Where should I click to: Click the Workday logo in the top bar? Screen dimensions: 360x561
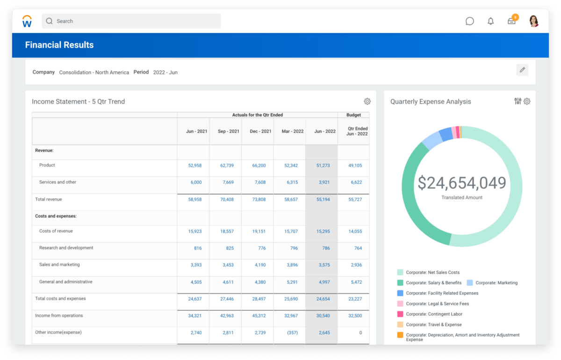coord(27,21)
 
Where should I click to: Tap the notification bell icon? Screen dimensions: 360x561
coord(490,21)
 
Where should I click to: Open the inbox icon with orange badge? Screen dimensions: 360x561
coord(511,21)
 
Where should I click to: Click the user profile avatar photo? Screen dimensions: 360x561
coord(533,21)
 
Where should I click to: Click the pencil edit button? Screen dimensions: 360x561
coord(522,70)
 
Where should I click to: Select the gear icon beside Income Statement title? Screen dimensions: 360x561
coord(367,101)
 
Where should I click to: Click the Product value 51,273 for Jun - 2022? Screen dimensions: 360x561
coord(323,166)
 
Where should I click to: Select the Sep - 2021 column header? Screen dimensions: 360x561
coord(228,131)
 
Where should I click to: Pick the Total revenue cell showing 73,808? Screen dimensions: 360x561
coord(259,200)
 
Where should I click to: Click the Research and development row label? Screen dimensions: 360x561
coord(66,248)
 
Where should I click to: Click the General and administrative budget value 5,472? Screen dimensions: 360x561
coord(356,282)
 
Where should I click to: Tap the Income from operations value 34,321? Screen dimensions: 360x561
coord(194,316)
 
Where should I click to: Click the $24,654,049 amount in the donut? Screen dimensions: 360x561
coord(461,183)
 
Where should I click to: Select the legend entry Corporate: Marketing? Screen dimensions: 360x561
coord(496,283)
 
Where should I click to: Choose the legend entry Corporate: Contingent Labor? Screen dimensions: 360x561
coord(434,314)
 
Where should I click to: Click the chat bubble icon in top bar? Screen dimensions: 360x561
coord(470,21)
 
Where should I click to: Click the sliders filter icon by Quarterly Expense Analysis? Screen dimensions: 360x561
coord(518,101)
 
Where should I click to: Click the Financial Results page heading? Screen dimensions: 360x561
coord(59,45)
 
